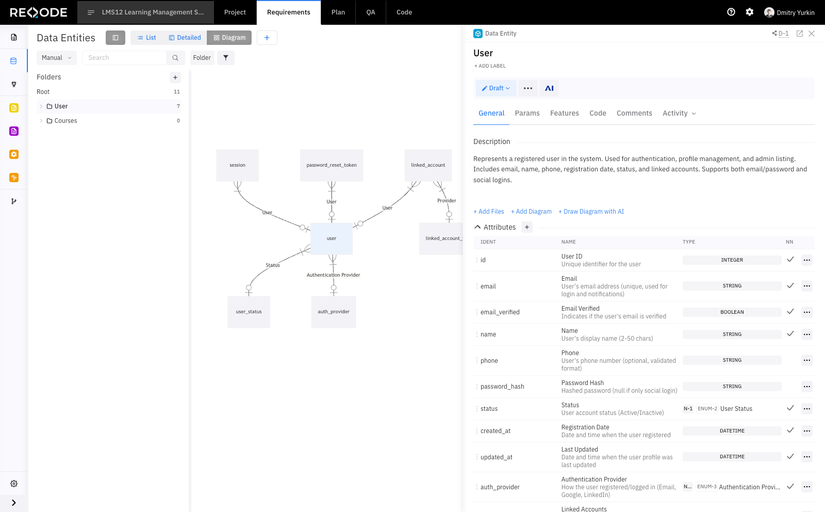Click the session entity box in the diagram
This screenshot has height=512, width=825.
pyautogui.click(x=237, y=165)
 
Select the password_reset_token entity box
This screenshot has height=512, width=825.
pyautogui.click(x=332, y=165)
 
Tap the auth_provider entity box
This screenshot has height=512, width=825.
pyautogui.click(x=333, y=312)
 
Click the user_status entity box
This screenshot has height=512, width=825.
pyautogui.click(x=249, y=312)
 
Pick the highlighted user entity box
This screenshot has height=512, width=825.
pyautogui.click(x=332, y=238)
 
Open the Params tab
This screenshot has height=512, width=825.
pyautogui.click(x=527, y=113)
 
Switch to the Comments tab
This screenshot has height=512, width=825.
pyautogui.click(x=634, y=113)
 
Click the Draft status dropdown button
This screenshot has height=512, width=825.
pyautogui.click(x=496, y=88)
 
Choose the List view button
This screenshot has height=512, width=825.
pyautogui.click(x=146, y=38)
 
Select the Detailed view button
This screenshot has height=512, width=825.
pyautogui.click(x=185, y=38)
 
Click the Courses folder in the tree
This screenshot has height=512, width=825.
pyautogui.click(x=65, y=121)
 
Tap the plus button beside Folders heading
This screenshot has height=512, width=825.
pyautogui.click(x=175, y=77)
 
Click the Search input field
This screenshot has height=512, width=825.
pyautogui.click(x=124, y=58)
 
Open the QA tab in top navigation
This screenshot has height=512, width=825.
pyautogui.click(x=371, y=12)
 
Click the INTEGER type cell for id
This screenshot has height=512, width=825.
pyautogui.click(x=732, y=260)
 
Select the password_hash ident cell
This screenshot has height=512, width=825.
pyautogui.click(x=502, y=387)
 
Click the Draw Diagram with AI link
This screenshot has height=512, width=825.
pyautogui.click(x=591, y=212)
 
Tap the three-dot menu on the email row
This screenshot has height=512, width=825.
pyautogui.click(x=806, y=286)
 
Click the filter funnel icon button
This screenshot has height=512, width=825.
pyautogui.click(x=226, y=58)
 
